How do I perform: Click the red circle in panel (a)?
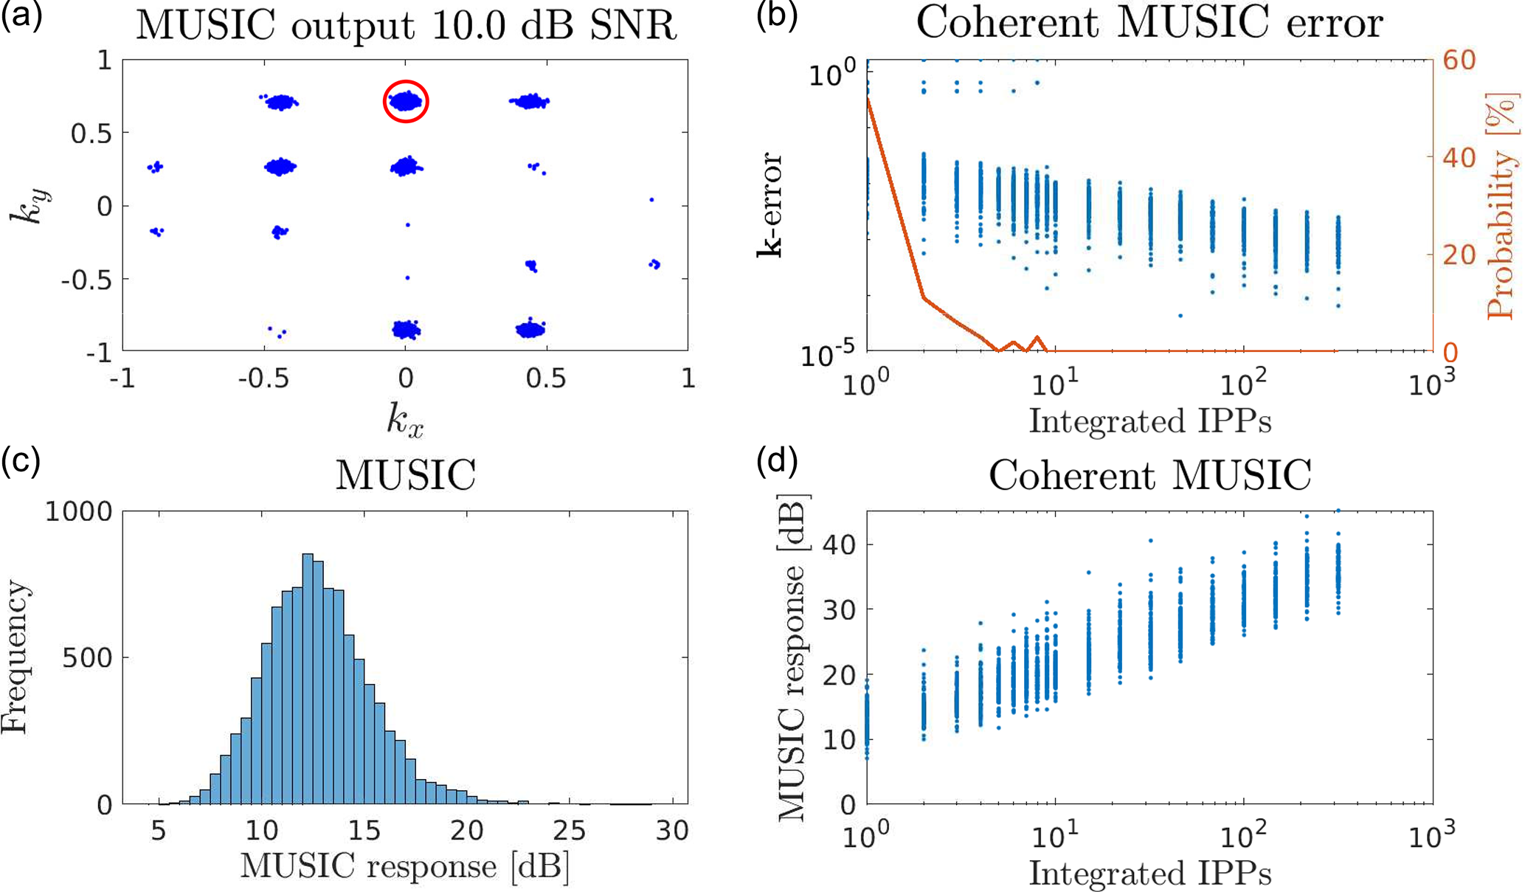coord(406,101)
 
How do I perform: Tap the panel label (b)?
coord(778,16)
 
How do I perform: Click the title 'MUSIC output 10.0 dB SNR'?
coord(406,26)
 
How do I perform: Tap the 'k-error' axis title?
coord(770,205)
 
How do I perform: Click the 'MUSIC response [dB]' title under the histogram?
coord(405,866)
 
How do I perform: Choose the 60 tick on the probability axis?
coord(1459,60)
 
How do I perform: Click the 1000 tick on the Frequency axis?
coord(78,511)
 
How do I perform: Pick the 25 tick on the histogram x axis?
coord(569,832)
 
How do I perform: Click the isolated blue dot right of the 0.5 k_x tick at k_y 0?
coord(651,200)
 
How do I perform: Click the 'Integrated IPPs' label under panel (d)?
coord(1149,874)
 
